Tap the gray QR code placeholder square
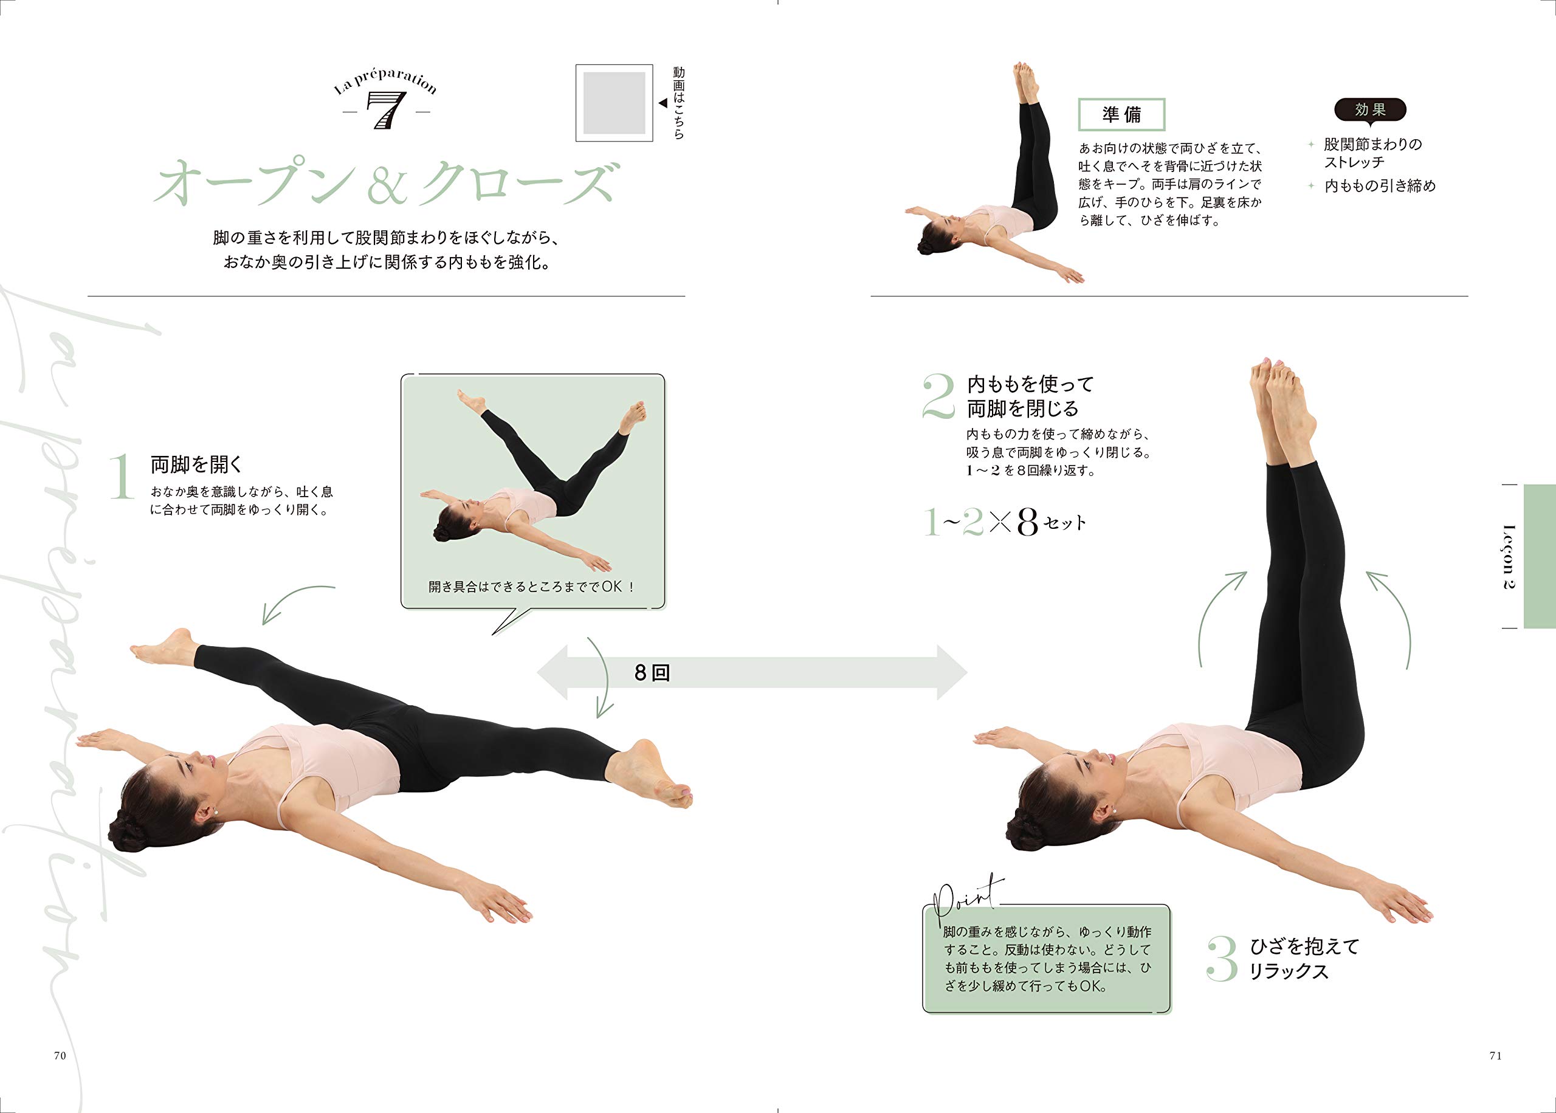[x=614, y=103]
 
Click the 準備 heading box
[x=1121, y=114]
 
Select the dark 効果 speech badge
[x=1371, y=111]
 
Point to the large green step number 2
[x=938, y=396]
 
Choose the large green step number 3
[x=1222, y=959]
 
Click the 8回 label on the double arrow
[x=652, y=672]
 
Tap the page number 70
[x=60, y=1055]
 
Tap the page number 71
[x=1496, y=1055]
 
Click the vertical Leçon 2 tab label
[x=1509, y=557]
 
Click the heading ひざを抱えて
[x=1304, y=946]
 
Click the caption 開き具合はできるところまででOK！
[x=532, y=587]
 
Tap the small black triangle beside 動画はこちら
[x=663, y=103]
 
